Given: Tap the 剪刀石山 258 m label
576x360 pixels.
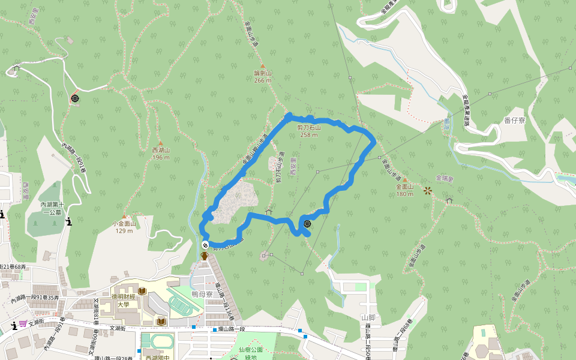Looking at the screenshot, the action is pyautogui.click(x=309, y=131).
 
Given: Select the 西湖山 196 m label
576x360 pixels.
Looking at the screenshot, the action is pyautogui.click(x=161, y=153).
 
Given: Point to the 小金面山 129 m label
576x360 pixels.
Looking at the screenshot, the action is pyautogui.click(x=124, y=227).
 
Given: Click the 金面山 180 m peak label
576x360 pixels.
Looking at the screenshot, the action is pyautogui.click(x=405, y=190).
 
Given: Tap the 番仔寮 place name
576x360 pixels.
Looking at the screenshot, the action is pyautogui.click(x=515, y=121).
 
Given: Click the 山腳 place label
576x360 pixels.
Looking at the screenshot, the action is pyautogui.click(x=368, y=317).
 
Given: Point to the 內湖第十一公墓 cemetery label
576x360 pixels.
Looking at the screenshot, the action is pyautogui.click(x=51, y=208).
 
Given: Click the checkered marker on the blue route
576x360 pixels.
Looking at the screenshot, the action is pyautogui.click(x=205, y=245).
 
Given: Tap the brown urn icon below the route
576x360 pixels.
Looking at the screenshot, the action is pyautogui.click(x=205, y=256).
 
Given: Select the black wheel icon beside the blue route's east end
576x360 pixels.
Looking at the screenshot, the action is pyautogui.click(x=307, y=224).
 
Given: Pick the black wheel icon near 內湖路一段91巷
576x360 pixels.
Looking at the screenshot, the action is pyautogui.click(x=75, y=98).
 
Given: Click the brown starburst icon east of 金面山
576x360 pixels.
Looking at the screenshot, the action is pyautogui.click(x=427, y=191).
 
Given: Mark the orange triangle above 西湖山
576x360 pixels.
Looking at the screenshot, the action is pyautogui.click(x=160, y=142).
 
